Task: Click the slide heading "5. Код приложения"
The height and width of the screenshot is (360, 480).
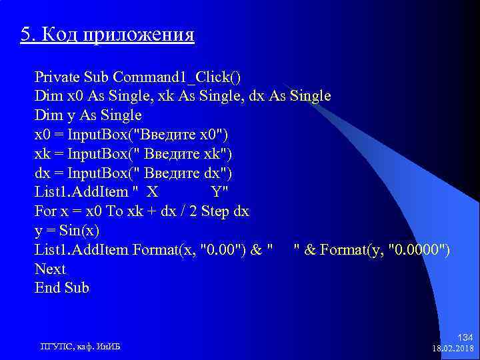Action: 107,34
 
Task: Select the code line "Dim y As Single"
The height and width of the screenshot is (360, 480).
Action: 88,115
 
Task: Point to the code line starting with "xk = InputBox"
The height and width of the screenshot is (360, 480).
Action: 133,154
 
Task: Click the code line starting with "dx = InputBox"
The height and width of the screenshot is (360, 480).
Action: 133,173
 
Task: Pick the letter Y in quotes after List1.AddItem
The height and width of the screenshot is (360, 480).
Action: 217,193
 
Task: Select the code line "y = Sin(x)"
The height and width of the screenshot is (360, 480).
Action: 67,231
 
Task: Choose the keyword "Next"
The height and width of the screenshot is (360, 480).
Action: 50,269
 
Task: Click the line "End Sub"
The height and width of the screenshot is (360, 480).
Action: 61,288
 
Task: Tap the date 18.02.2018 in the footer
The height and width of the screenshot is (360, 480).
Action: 453,349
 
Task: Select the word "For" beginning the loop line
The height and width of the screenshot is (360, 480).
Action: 46,212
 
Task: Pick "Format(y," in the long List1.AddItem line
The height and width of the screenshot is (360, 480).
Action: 352,250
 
